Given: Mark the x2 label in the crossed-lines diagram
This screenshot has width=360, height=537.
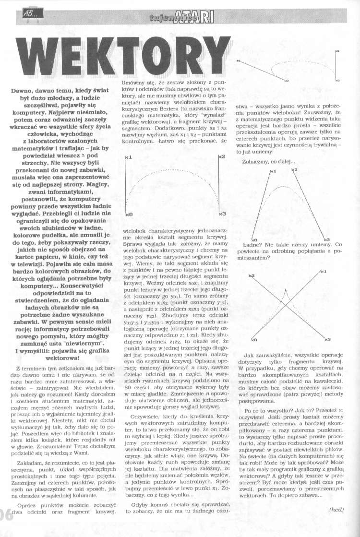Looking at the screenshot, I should point(251,276).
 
